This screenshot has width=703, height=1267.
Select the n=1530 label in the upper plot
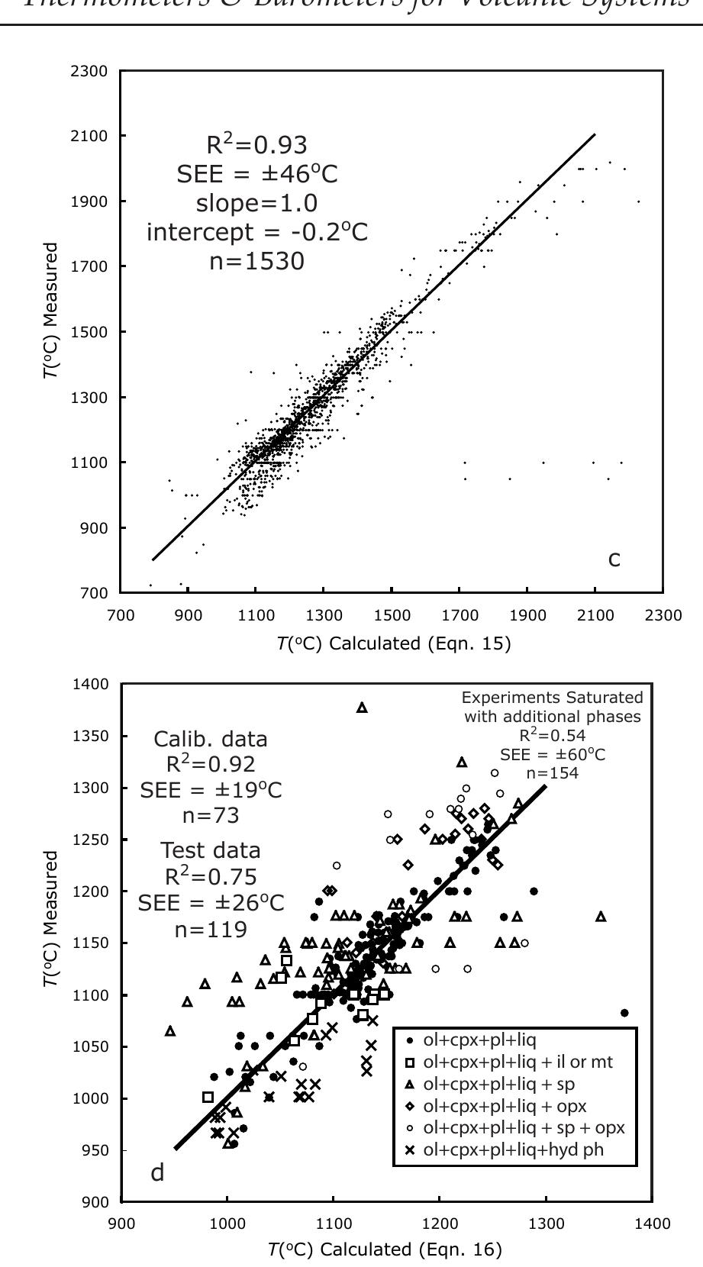coord(256,262)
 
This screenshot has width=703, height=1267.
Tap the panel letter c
coord(614,560)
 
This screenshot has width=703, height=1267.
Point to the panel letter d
coord(157,1173)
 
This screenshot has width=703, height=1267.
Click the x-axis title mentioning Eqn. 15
coord(394,643)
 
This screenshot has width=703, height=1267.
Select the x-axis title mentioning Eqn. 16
coord(384,1249)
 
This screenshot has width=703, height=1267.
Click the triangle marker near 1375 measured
coord(362,708)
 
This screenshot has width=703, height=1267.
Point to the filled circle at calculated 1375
coord(624,1013)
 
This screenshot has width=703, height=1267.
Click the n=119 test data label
coord(210,930)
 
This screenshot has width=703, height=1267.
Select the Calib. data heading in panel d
coord(210,739)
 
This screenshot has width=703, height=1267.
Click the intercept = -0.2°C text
coord(256,233)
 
